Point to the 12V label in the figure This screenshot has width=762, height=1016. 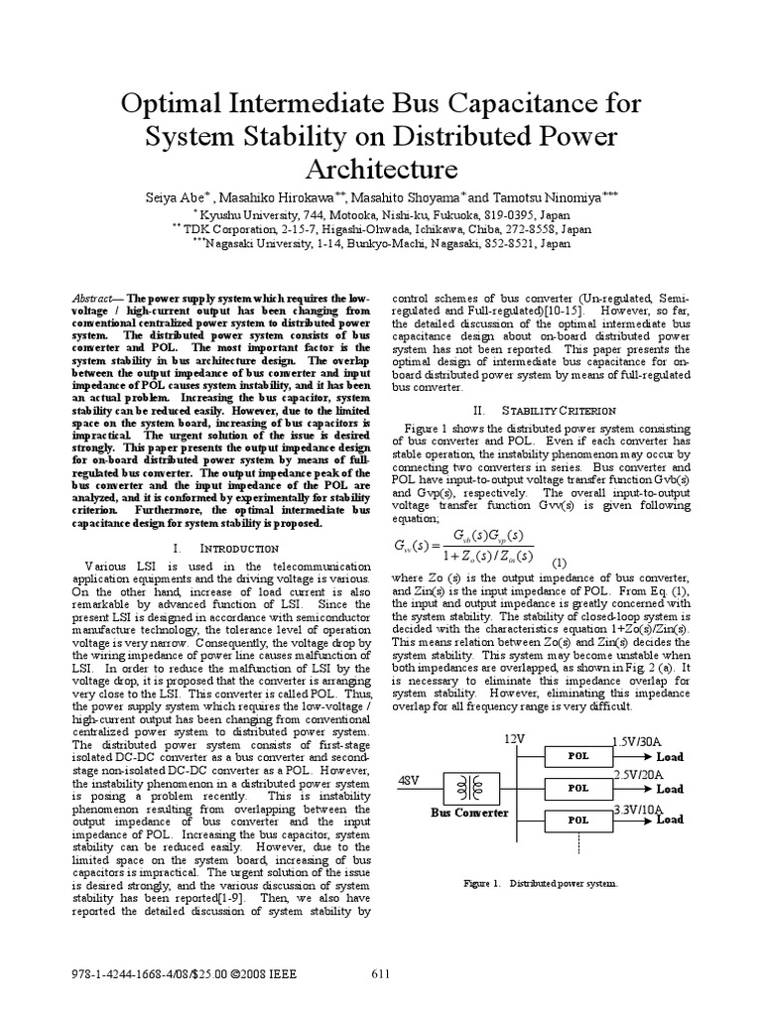514,740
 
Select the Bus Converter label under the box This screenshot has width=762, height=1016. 469,813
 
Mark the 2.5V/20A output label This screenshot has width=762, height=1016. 639,774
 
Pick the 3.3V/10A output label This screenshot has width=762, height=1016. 639,809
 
